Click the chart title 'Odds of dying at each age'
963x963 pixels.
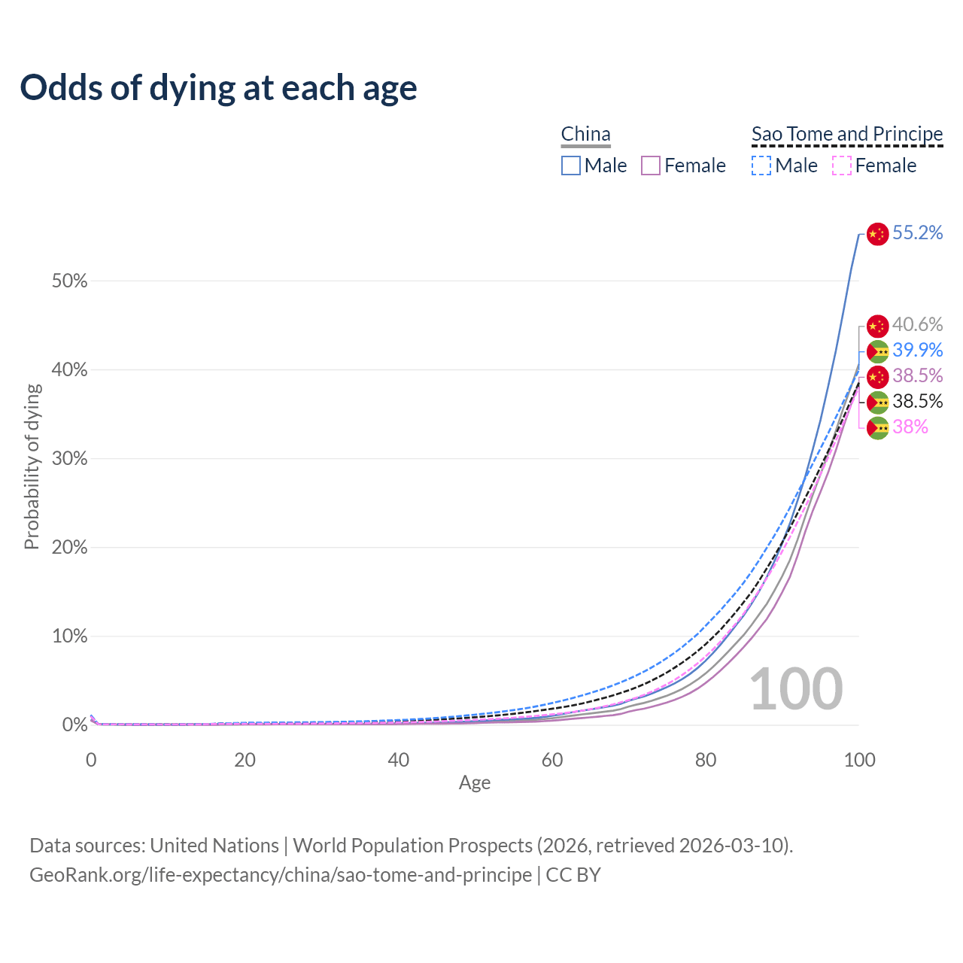(x=218, y=88)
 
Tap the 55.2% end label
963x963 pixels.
(x=917, y=233)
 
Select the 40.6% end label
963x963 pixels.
(x=917, y=325)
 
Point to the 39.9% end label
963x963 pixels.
(x=917, y=351)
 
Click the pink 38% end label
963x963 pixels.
(x=910, y=427)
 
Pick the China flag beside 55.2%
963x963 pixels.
(x=877, y=234)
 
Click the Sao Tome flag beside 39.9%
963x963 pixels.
(x=877, y=351)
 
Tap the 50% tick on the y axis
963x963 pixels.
(x=69, y=281)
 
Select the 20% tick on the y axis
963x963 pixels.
(x=69, y=548)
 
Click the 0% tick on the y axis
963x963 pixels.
(x=74, y=725)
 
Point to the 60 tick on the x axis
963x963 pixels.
(x=552, y=760)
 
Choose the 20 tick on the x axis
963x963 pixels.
(x=245, y=760)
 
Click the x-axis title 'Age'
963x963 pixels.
(x=475, y=783)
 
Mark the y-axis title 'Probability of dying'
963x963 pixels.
(x=32, y=466)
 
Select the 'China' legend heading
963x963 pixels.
(x=585, y=134)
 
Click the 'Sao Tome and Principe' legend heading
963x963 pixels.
(x=847, y=134)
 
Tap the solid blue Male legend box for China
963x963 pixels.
(x=571, y=166)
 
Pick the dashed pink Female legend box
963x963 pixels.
(x=841, y=166)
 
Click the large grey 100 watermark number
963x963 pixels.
(x=796, y=689)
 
